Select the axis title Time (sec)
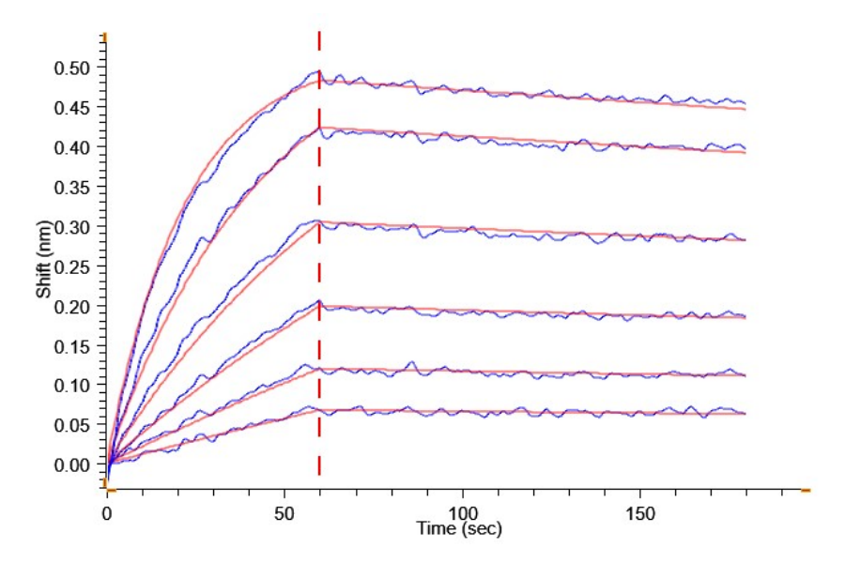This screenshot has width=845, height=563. [x=459, y=530]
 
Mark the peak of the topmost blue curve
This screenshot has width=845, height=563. [x=317, y=70]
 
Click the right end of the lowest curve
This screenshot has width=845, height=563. [x=745, y=413]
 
